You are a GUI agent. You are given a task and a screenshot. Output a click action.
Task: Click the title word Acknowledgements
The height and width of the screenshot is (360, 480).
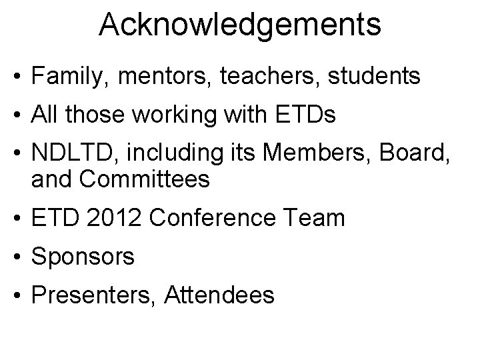tap(240, 25)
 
